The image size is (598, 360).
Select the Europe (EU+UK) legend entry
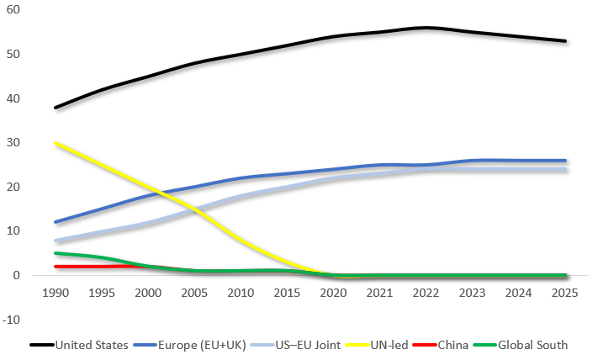click(190, 344)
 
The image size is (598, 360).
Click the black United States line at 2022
click(426, 28)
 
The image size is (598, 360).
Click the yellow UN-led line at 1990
click(56, 143)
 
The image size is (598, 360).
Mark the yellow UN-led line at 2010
click(241, 241)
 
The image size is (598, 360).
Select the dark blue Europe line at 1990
click(56, 223)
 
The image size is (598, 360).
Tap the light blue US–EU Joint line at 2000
click(149, 223)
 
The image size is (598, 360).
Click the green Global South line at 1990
click(56, 253)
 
